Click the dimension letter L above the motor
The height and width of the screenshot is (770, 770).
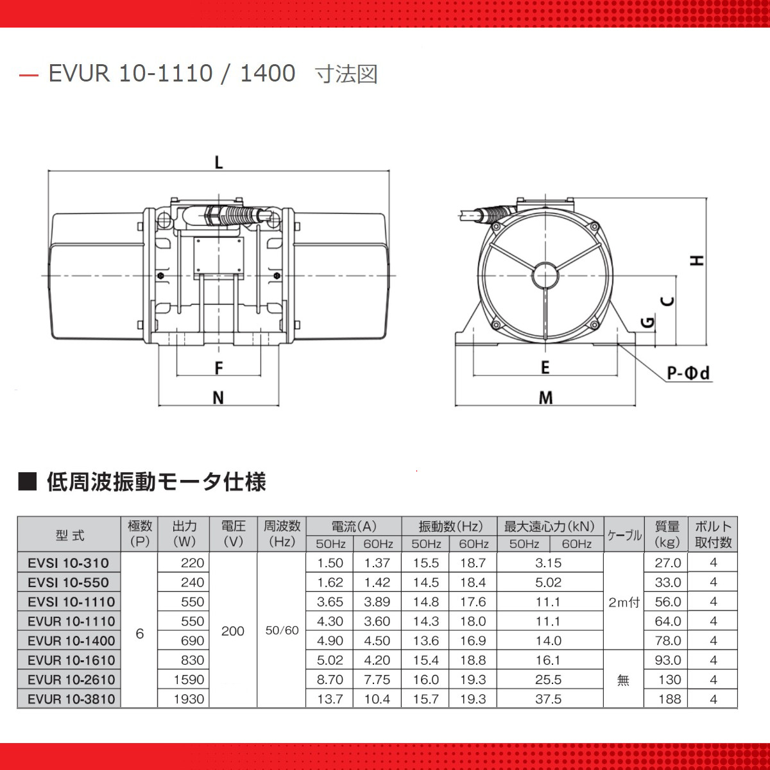point(219,162)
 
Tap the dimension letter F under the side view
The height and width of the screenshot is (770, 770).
point(219,368)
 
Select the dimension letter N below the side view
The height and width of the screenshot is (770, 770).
point(218,398)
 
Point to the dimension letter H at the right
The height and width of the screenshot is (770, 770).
point(697,260)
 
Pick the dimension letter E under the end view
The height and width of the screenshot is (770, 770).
point(545,367)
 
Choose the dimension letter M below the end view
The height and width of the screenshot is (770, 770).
point(545,398)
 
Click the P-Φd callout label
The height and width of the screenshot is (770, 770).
point(689,373)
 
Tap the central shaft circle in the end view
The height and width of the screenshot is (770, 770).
point(545,276)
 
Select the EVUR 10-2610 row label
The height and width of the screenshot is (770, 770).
point(71,680)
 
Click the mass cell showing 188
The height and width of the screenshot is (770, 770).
point(669,699)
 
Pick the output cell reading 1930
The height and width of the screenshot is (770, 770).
point(189,699)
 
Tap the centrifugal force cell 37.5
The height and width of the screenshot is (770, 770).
point(549,699)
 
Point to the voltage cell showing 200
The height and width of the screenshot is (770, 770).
point(232,631)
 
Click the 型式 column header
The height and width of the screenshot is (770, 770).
point(70,535)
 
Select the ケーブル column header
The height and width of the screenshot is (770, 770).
point(624,535)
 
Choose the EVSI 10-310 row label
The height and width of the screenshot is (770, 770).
point(68,563)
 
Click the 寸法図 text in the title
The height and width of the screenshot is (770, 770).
point(346,74)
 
